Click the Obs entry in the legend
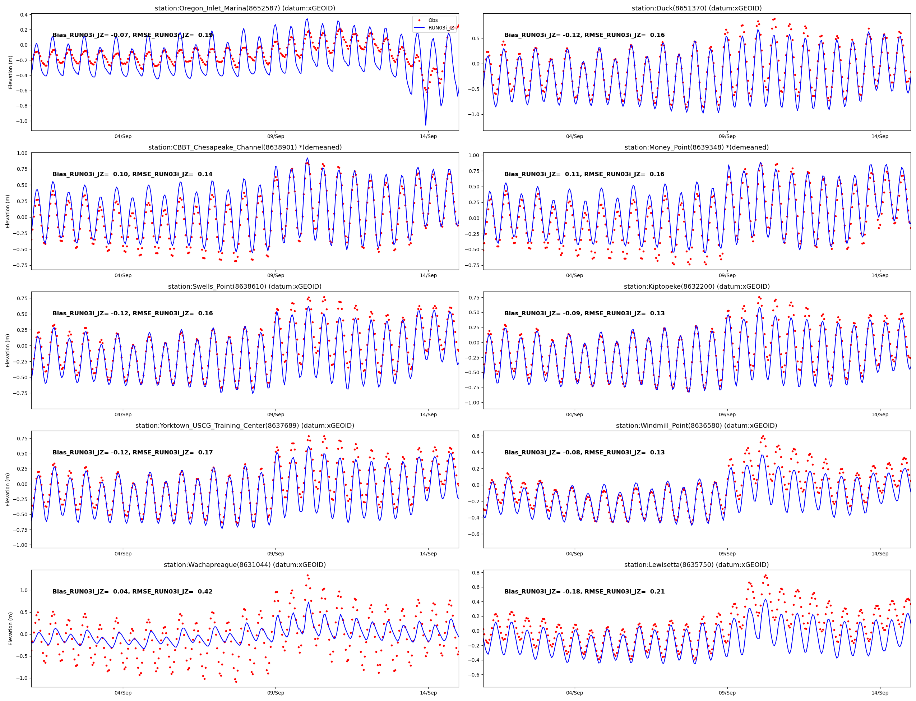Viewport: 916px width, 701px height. click(x=433, y=20)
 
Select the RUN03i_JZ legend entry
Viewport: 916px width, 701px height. click(x=441, y=28)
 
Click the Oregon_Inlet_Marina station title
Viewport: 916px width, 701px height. click(x=245, y=8)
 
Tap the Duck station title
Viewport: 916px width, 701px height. click(x=696, y=8)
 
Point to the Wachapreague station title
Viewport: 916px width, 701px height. click(x=245, y=564)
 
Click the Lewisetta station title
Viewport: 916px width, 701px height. click(x=696, y=564)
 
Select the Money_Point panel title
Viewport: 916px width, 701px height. click(x=696, y=147)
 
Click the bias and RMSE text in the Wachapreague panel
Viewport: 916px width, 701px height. click(x=132, y=591)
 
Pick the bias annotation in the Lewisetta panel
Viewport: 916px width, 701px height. click(x=584, y=591)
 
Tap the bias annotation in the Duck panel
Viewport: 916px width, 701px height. click(x=584, y=35)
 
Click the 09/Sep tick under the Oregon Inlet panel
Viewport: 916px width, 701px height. click(x=276, y=137)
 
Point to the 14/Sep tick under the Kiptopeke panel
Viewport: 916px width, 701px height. click(x=880, y=414)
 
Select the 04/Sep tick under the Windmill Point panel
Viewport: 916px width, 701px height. click(x=574, y=554)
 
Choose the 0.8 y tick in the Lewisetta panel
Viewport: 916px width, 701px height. click(x=475, y=572)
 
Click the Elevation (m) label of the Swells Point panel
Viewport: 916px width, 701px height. click(x=8, y=350)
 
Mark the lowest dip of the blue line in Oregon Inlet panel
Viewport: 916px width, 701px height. click(x=426, y=125)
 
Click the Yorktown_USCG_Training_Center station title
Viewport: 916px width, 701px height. click(x=245, y=426)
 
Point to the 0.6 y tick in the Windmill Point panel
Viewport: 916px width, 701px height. click(x=475, y=436)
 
